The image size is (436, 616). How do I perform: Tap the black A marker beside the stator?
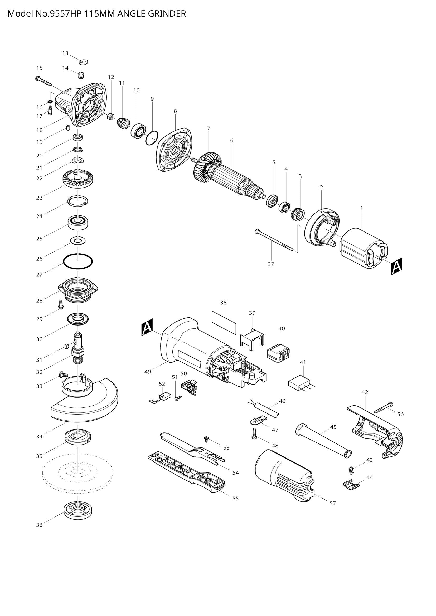pos(396,267)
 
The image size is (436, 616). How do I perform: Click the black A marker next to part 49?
pos(147,327)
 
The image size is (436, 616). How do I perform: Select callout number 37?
pos(271,264)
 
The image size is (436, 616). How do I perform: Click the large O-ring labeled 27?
pos(78,261)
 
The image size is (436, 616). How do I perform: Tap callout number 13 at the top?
pos(65,53)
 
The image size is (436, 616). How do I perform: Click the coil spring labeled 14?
pos(81,76)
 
